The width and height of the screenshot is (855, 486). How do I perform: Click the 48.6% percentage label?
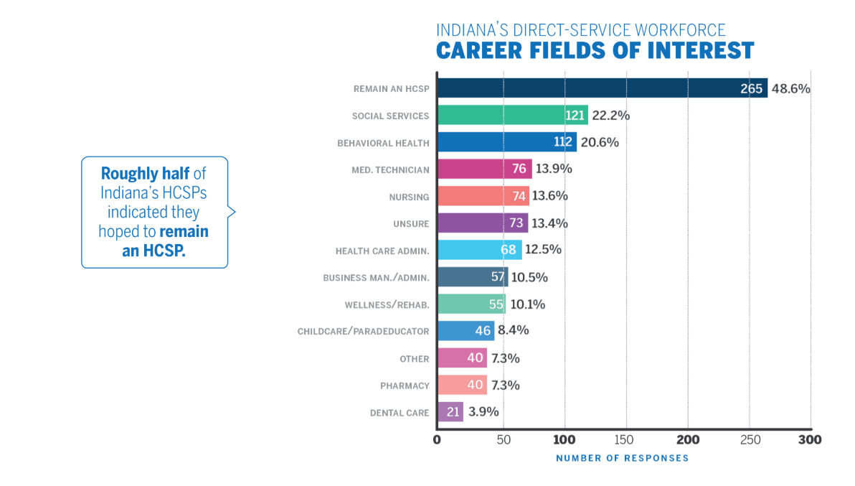790,89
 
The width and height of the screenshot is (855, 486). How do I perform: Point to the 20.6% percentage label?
600,142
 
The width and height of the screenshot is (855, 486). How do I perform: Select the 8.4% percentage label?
514,331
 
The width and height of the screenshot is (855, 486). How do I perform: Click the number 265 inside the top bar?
751,89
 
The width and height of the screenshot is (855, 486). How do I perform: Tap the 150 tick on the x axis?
626,439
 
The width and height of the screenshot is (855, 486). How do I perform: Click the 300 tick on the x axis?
811,439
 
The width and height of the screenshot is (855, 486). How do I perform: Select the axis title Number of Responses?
622,458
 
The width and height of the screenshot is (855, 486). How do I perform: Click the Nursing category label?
409,197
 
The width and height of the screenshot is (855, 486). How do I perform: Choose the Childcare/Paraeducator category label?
363,332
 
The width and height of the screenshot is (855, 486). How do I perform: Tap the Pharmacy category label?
405,386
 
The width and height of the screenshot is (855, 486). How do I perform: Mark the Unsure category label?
411,224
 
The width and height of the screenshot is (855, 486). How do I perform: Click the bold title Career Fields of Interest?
595,51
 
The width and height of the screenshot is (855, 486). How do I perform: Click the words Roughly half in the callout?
145,174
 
